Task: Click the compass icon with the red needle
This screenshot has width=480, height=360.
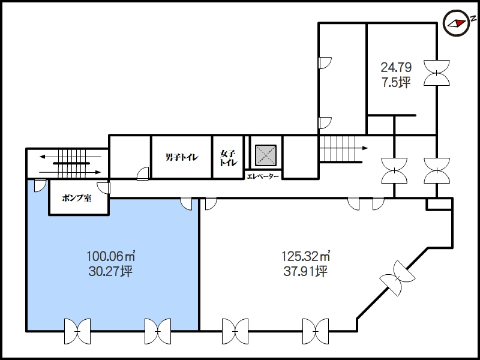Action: point(457,23)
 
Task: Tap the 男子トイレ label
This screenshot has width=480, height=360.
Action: point(182,157)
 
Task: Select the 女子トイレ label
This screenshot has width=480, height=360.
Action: point(229,158)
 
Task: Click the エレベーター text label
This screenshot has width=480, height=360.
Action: point(263,176)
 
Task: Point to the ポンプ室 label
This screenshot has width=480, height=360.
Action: point(77,198)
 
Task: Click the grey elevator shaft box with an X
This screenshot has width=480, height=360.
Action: point(266,156)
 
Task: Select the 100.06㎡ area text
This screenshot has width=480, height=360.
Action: point(111,256)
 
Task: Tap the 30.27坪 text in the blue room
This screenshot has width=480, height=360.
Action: point(110,271)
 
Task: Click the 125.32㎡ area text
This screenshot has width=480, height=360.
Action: point(306,256)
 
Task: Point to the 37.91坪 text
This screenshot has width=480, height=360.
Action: point(305,271)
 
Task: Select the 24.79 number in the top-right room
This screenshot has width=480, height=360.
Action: point(396,67)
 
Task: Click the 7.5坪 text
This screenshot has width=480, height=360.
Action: point(396,82)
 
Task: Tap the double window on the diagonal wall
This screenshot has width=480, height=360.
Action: point(397,278)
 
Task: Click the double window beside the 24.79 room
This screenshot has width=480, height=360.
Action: point(437,73)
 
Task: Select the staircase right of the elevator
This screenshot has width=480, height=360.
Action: point(341,149)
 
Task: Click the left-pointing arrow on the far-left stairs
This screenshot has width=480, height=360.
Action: point(70,157)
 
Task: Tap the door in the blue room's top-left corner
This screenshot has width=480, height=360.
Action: point(40,185)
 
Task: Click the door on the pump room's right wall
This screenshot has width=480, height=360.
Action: point(104,188)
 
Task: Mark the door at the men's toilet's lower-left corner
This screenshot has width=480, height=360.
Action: point(143,173)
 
